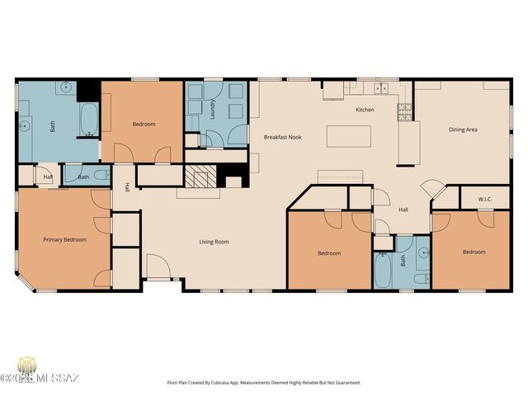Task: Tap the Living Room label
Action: [214, 242]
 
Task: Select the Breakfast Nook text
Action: [282, 136]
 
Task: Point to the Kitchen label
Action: [365, 110]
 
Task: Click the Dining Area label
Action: [463, 130]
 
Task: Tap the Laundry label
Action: [212, 111]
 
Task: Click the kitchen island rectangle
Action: [348, 136]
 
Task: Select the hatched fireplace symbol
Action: [199, 177]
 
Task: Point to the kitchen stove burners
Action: [405, 111]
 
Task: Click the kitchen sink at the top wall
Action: [380, 87]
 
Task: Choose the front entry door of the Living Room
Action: [158, 268]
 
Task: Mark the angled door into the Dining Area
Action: [431, 189]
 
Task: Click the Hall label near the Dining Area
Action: [403, 210]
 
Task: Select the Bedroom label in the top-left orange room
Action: [144, 125]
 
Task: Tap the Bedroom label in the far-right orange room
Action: [474, 252]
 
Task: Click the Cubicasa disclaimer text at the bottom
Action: [264, 383]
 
